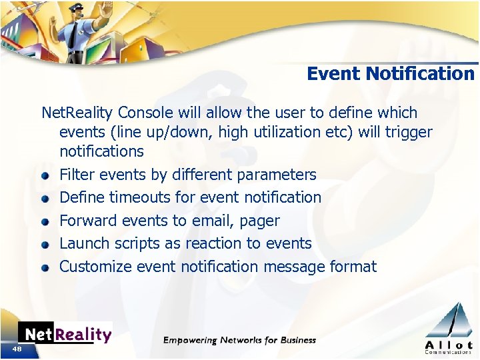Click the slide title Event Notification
391,73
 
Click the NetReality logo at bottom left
65,333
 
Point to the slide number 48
16,349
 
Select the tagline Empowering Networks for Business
240,340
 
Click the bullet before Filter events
45,176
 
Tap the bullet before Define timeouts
45,199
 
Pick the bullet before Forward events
45,221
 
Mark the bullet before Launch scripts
45,245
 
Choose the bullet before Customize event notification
45,268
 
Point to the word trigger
408,132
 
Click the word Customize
95,267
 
